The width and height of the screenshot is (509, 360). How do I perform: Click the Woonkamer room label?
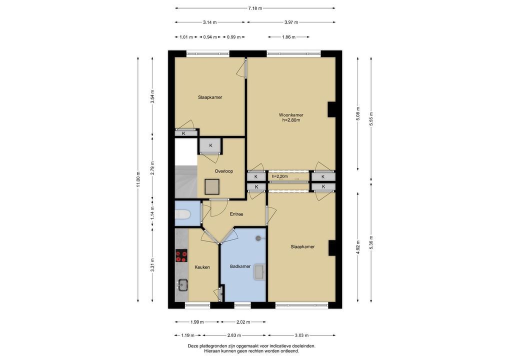(x=291, y=115)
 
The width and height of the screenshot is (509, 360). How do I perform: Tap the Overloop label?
(x=223, y=171)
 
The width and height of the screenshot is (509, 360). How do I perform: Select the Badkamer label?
(x=240, y=266)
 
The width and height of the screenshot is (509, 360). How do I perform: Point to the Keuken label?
(x=202, y=267)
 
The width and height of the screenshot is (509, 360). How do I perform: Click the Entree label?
(x=236, y=214)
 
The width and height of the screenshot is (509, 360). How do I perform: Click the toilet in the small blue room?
(x=182, y=214)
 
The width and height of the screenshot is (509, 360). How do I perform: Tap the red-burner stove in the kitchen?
(x=181, y=255)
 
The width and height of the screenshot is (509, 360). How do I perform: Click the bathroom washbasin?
(x=259, y=271)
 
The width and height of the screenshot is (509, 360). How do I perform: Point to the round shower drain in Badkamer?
(x=258, y=238)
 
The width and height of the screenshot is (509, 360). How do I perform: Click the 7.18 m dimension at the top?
(x=255, y=8)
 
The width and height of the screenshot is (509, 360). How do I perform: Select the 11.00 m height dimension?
(x=138, y=179)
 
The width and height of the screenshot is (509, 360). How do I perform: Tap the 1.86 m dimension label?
(x=288, y=37)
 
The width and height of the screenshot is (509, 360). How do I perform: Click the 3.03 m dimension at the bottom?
(x=301, y=335)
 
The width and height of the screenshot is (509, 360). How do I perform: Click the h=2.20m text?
(x=280, y=176)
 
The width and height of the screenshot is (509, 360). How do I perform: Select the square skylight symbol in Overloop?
(x=212, y=187)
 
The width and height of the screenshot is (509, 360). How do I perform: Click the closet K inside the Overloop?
(x=210, y=145)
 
